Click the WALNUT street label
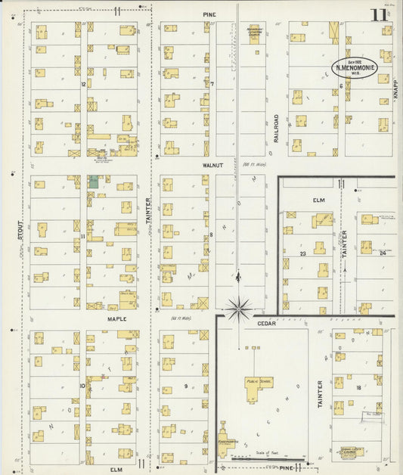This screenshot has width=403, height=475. coord(211,163)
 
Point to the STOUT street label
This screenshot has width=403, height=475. coord(20,231)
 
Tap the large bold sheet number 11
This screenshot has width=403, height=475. coord(377,14)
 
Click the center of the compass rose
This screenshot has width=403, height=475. coord(239,307)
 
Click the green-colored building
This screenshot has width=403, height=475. coord(93,182)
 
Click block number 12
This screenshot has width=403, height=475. coord(82,84)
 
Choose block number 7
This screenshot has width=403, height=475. coord(212,84)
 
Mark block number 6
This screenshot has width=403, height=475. coord(341,85)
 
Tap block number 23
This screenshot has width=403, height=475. coord(302,253)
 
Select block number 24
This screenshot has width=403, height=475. coord(383,253)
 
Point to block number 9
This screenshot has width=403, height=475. coord(185,387)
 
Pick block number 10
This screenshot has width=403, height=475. coord(82,385)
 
